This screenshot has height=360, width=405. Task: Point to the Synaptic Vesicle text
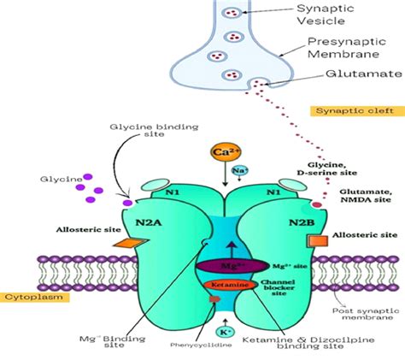(x=325, y=16)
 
